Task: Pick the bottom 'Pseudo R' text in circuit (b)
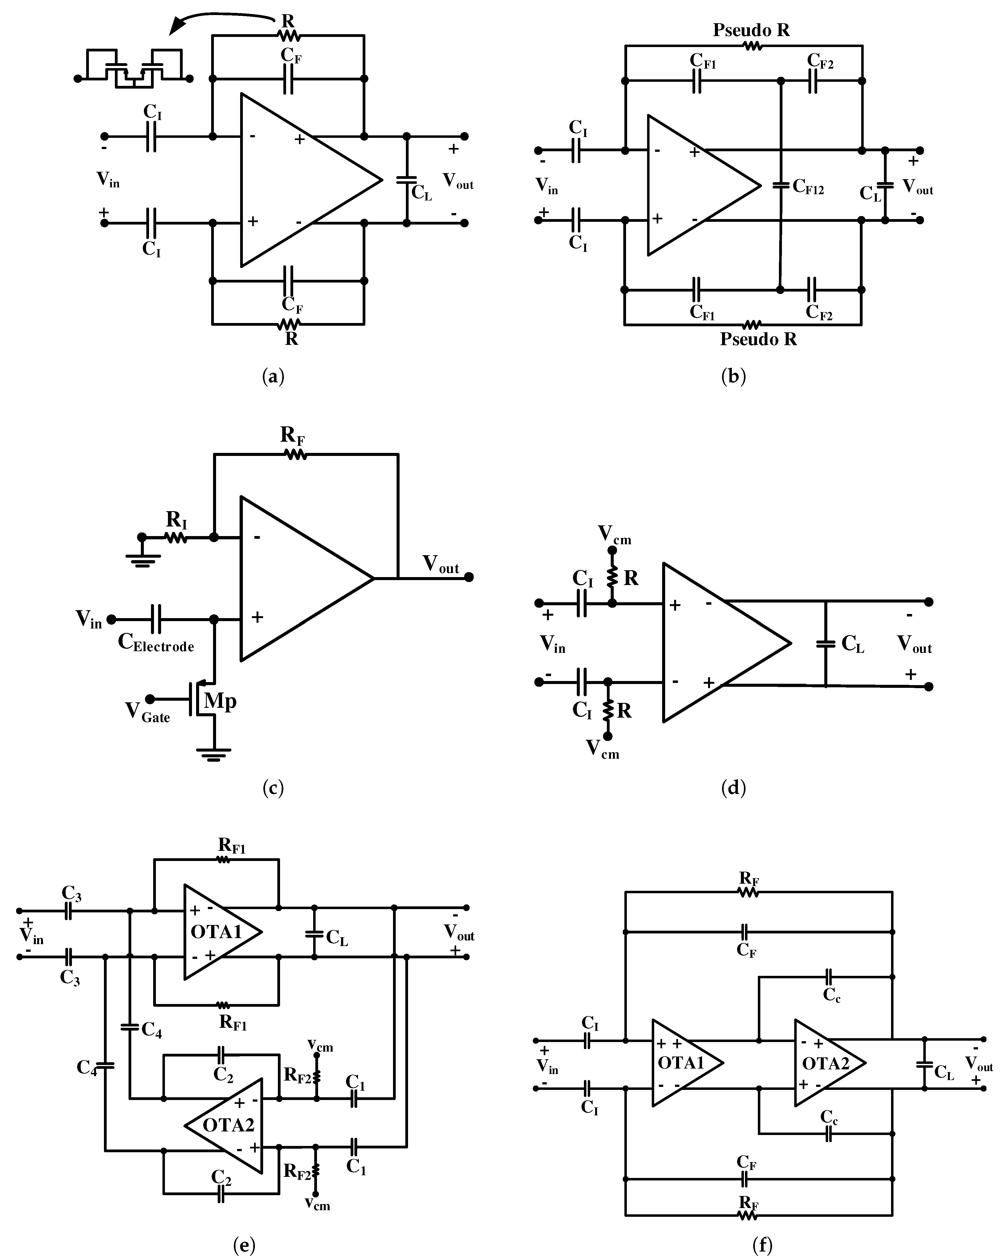(x=758, y=339)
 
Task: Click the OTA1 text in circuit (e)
(x=216, y=932)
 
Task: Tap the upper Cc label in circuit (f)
(x=832, y=995)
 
